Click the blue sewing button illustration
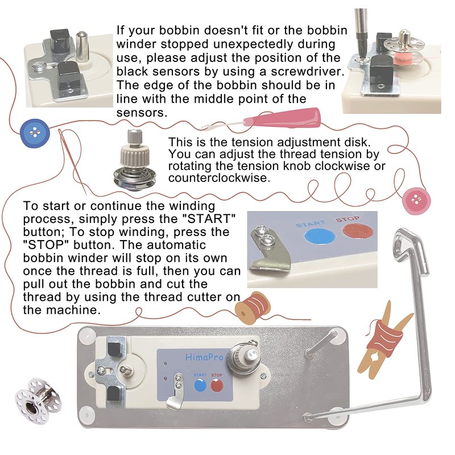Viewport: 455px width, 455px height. tap(35, 134)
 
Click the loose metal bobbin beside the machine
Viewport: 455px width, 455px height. tap(38, 401)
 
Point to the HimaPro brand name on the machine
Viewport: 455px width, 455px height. tap(204, 357)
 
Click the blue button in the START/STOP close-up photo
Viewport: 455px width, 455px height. tap(320, 236)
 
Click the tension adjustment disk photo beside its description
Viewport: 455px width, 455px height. tap(134, 160)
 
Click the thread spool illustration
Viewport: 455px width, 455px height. tap(253, 308)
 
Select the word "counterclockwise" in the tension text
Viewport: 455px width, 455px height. tap(219, 177)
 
